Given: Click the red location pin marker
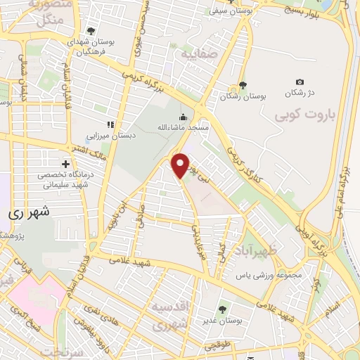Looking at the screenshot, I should pyautogui.click(x=181, y=165).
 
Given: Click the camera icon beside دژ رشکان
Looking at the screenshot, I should pyautogui.click(x=300, y=83).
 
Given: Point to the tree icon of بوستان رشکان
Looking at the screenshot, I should pyautogui.click(x=243, y=85).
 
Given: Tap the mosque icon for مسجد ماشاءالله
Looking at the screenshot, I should pyautogui.click(x=183, y=117).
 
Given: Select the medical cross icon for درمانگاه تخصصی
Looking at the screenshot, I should pyautogui.click(x=66, y=162).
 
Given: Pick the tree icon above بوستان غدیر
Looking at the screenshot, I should pyautogui.click(x=222, y=309).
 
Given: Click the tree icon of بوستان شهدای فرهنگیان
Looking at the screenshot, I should pyautogui.click(x=91, y=32).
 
